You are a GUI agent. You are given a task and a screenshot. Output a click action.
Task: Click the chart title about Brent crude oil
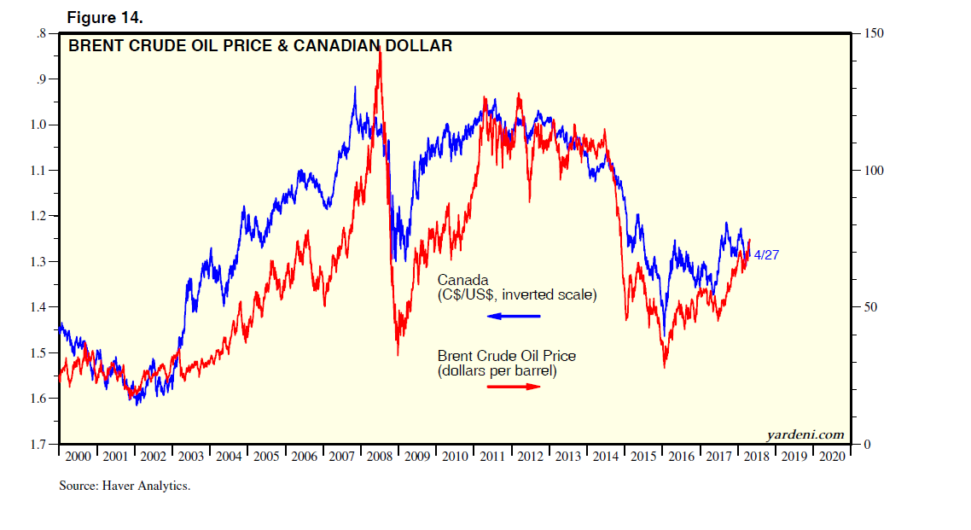(260, 46)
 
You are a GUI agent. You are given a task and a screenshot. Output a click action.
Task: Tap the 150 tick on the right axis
(873, 33)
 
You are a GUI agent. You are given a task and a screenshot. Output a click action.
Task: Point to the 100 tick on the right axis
(873, 171)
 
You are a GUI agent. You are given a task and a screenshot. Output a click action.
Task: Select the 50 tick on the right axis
(869, 307)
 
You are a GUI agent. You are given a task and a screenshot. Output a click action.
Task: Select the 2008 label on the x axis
(380, 457)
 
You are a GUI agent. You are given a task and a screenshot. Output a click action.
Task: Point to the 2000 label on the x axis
(78, 457)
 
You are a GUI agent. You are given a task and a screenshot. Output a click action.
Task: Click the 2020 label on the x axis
(832, 457)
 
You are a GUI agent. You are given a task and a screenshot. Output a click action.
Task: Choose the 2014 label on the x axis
(606, 457)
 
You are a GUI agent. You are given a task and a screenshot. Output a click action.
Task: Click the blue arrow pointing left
(514, 317)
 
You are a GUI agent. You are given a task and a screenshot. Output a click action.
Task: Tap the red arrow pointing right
(514, 386)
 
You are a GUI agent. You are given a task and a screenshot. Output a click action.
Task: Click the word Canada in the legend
(463, 280)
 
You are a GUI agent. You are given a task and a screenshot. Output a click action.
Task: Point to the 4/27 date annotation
(766, 254)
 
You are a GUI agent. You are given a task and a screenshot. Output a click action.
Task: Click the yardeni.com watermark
(805, 434)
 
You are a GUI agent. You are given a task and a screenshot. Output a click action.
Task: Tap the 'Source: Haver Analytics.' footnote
(125, 486)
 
